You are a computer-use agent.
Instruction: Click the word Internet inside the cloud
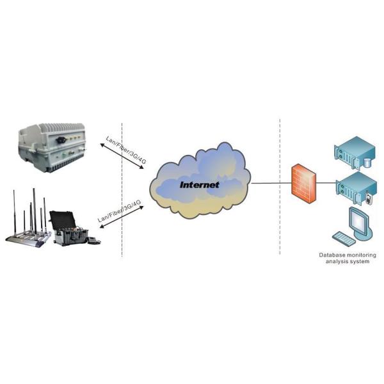[x=199, y=185]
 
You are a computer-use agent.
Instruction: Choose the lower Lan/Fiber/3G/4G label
[x=120, y=211]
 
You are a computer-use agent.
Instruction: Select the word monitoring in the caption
[x=363, y=255]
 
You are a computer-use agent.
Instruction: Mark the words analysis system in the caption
[x=348, y=262]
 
